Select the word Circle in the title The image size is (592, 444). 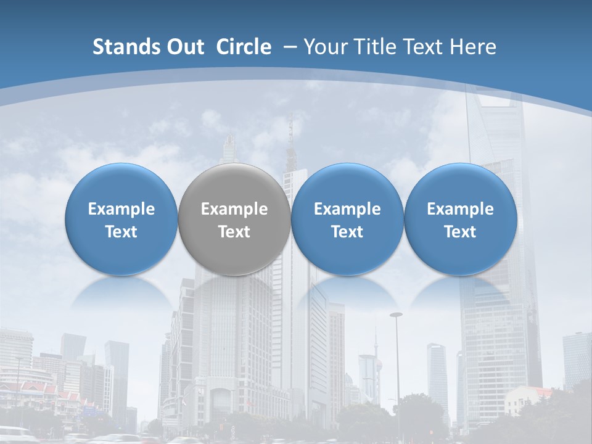coord(244,47)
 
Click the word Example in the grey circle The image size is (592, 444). coord(234,209)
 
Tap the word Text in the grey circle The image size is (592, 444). coord(234,232)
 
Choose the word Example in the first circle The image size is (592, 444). coord(121,209)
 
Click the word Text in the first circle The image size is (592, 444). coord(121,232)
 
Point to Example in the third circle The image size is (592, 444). coord(347,209)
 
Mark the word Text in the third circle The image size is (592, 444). coord(347,232)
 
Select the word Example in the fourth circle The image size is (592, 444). coord(460,209)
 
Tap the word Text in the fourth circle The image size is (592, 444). coord(460,232)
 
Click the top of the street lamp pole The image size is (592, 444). coord(396,314)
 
